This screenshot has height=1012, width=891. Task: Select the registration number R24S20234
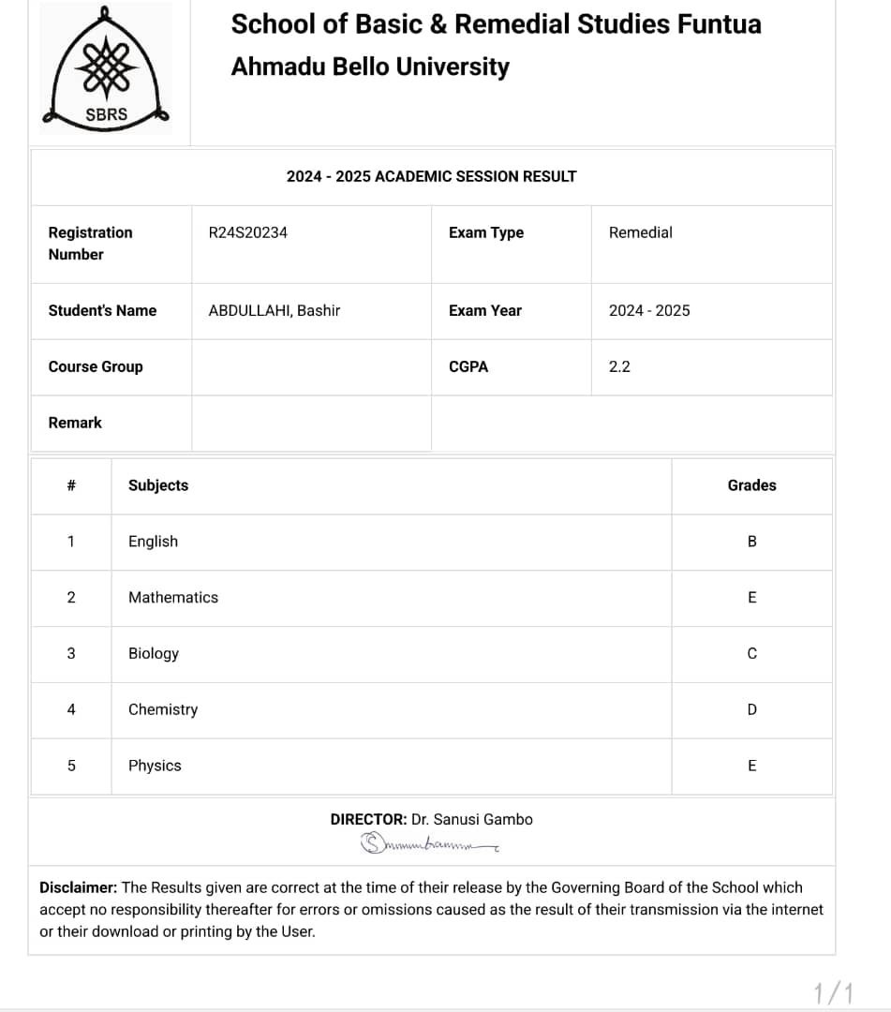pyautogui.click(x=247, y=232)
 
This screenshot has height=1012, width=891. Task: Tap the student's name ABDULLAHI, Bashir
pyautogui.click(x=274, y=310)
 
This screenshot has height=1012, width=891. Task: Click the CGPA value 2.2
pyautogui.click(x=619, y=366)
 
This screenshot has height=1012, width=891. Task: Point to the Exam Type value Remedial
pyautogui.click(x=640, y=232)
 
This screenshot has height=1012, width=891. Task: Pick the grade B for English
pyautogui.click(x=751, y=542)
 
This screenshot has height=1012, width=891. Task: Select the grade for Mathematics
pyautogui.click(x=751, y=598)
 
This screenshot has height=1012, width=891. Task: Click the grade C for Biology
pyautogui.click(x=751, y=654)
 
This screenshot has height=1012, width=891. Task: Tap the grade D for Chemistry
pyautogui.click(x=751, y=710)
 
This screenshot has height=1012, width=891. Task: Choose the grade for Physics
pyautogui.click(x=751, y=766)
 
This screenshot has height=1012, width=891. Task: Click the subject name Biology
pyautogui.click(x=153, y=653)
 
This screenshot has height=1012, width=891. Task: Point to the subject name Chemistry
pyautogui.click(x=163, y=709)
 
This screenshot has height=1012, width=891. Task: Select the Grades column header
pyautogui.click(x=751, y=485)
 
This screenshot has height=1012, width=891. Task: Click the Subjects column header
pyautogui.click(x=158, y=485)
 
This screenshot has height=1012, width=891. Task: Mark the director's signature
pyautogui.click(x=429, y=844)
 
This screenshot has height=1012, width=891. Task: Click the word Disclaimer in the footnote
pyautogui.click(x=79, y=887)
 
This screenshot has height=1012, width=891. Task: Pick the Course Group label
pyautogui.click(x=96, y=366)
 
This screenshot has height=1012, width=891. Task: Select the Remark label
pyautogui.click(x=75, y=423)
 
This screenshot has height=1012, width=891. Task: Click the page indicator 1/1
pyautogui.click(x=834, y=992)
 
